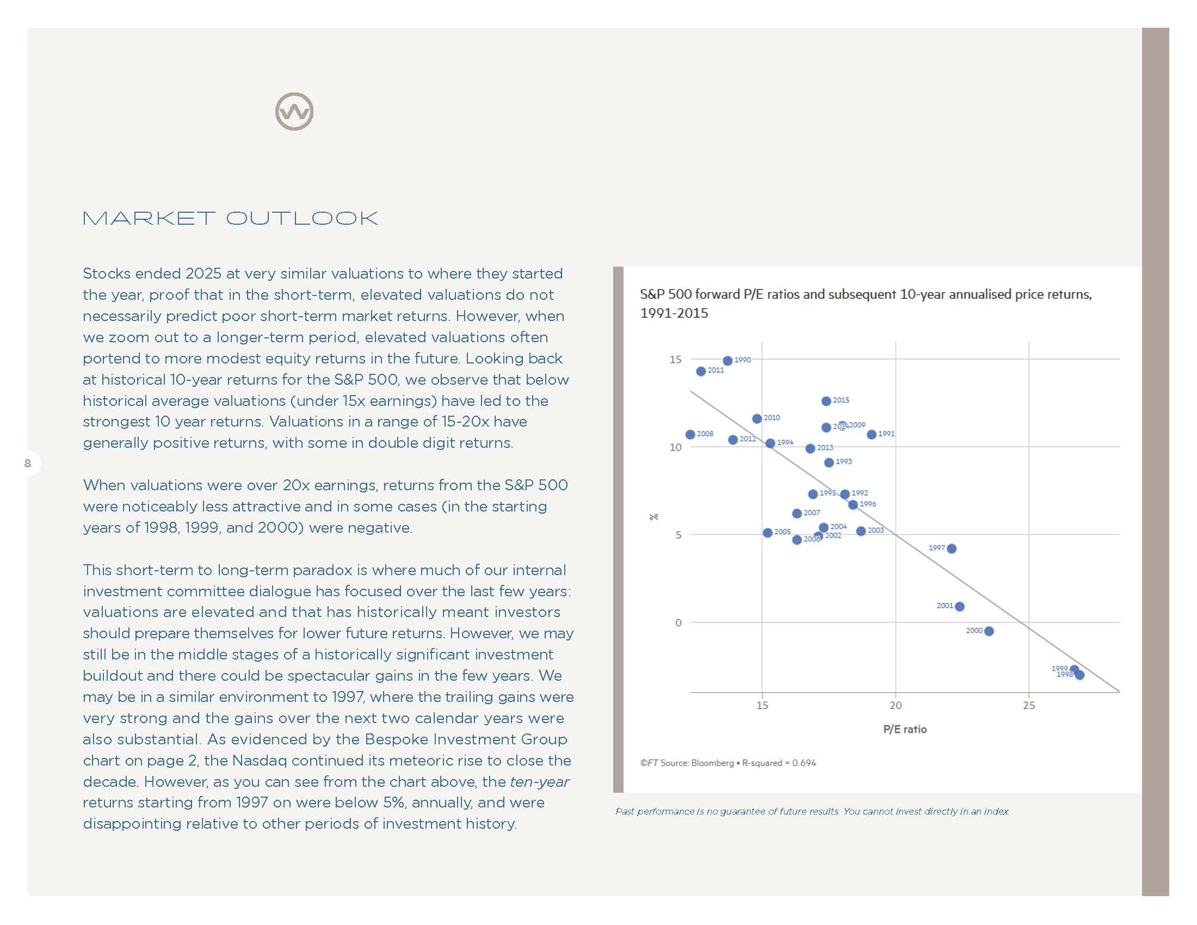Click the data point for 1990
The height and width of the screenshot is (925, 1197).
[x=727, y=361]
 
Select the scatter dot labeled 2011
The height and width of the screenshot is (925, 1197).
[x=700, y=372]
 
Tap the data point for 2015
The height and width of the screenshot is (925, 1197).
[x=826, y=401]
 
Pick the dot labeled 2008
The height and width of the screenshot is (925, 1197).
[x=690, y=435]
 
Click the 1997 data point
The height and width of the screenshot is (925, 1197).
[x=952, y=548]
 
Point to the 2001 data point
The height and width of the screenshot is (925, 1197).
[x=959, y=607]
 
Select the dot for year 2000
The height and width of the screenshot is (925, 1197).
[x=989, y=631]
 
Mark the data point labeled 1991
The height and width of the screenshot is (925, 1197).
[x=872, y=435]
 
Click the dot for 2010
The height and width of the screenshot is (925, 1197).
[x=757, y=418]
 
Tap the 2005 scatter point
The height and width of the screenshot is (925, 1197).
[x=767, y=533]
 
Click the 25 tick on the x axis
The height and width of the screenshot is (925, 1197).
[x=1029, y=706]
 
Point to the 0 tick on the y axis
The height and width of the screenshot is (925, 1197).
[x=678, y=623]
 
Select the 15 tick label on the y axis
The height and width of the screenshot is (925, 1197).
[x=675, y=360]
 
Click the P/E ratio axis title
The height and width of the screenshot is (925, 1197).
[x=904, y=729]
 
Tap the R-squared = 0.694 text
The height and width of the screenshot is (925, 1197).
[x=779, y=763]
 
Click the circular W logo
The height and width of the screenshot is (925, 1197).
[x=294, y=112]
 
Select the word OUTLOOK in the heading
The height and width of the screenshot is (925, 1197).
[x=302, y=219]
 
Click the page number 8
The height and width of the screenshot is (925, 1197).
[x=28, y=464]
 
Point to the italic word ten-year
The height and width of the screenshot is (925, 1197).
[x=539, y=782]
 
